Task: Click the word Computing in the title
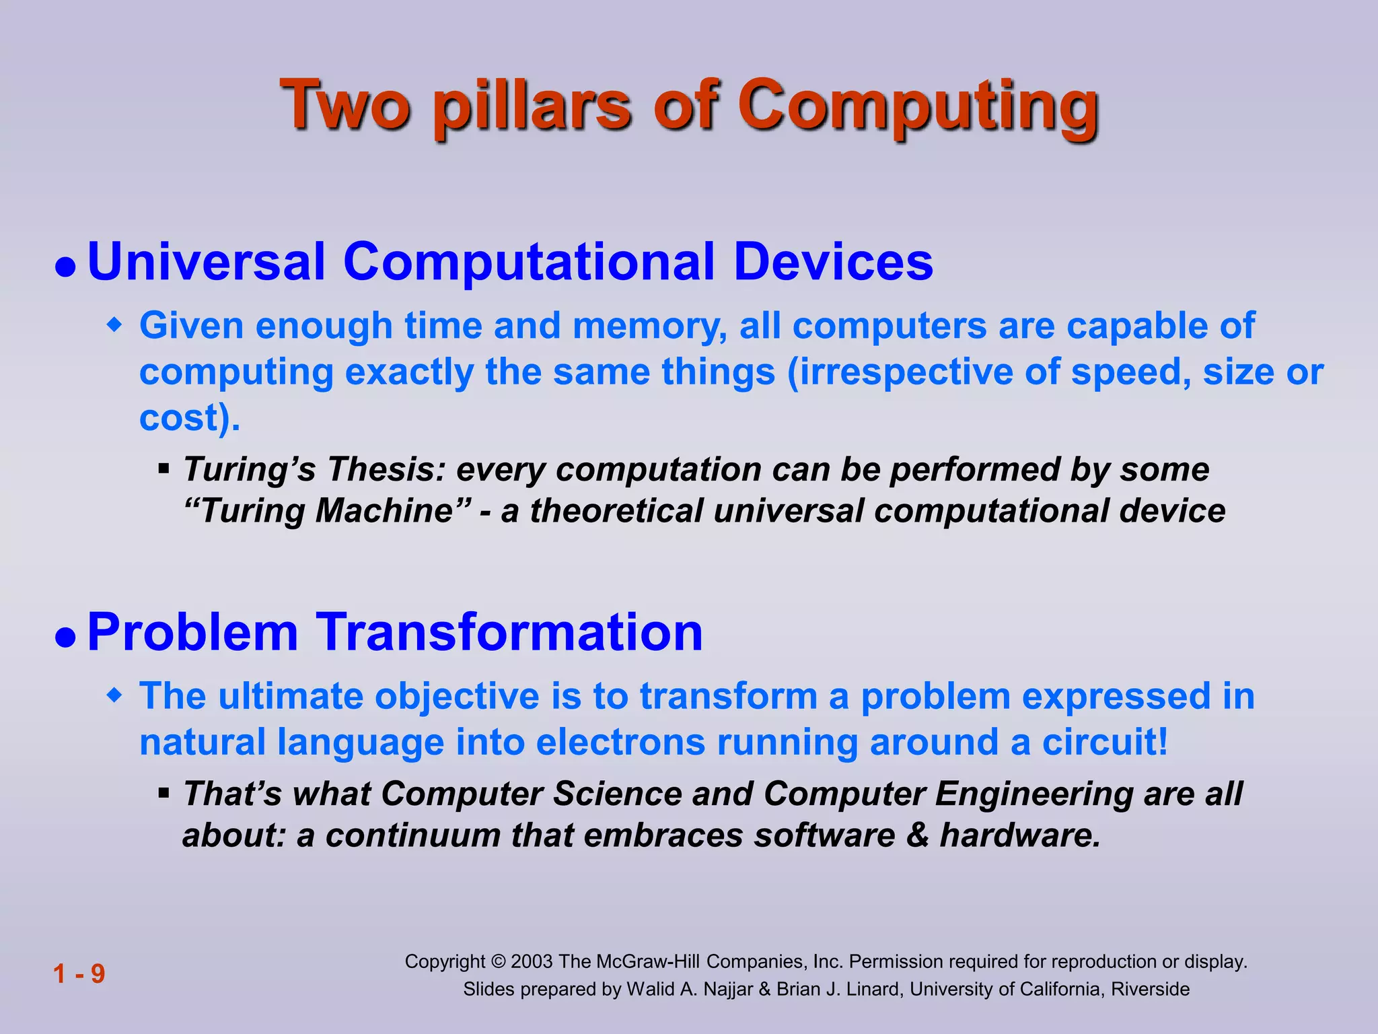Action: [918, 108]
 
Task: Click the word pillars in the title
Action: [532, 108]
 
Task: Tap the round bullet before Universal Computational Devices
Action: [65, 267]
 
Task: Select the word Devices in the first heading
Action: [833, 261]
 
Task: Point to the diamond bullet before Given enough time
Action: [116, 326]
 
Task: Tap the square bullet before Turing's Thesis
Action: [164, 467]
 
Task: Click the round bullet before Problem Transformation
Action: [65, 637]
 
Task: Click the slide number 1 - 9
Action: [79, 973]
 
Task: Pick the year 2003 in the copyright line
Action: [532, 961]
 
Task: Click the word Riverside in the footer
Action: [1150, 989]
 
